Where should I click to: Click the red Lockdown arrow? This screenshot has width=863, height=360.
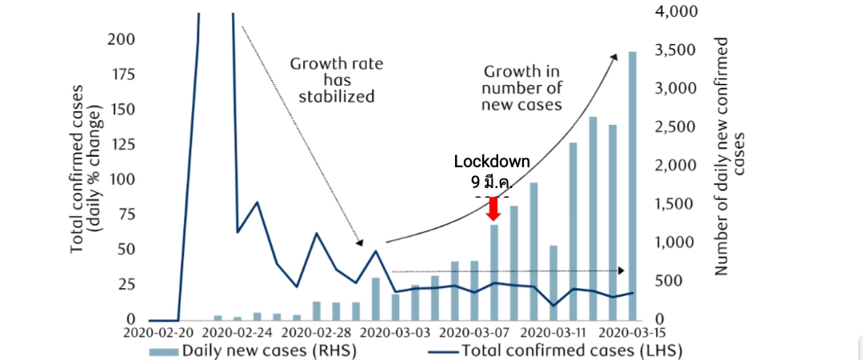(493, 209)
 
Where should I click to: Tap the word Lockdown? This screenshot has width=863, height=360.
(492, 162)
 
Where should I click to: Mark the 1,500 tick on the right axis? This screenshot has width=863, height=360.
(675, 204)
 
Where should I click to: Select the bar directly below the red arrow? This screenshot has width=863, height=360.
(494, 272)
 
